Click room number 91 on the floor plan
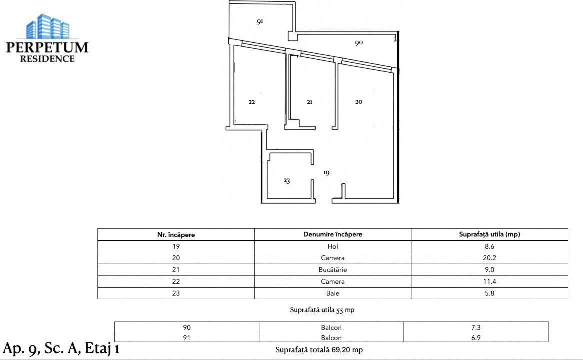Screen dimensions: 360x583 260,22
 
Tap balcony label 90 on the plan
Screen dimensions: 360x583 359,43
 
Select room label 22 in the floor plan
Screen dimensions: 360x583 252,102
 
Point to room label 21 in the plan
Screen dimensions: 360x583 309,102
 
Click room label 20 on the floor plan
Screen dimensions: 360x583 359,102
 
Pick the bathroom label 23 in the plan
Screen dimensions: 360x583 287,181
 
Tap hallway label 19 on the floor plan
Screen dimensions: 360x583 326,173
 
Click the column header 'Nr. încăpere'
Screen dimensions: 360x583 176,235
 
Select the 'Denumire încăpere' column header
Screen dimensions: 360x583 333,234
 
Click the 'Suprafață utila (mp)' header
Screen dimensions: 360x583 489,234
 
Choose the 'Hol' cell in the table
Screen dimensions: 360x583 333,246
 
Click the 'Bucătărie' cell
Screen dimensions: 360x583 333,270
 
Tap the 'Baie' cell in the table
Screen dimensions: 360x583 333,293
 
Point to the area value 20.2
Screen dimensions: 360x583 489,258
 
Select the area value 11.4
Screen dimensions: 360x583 489,282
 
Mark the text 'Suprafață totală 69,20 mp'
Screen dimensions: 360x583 319,350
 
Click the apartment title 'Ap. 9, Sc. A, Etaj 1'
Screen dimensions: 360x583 61,348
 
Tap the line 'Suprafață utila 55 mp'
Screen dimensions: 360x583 322,310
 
